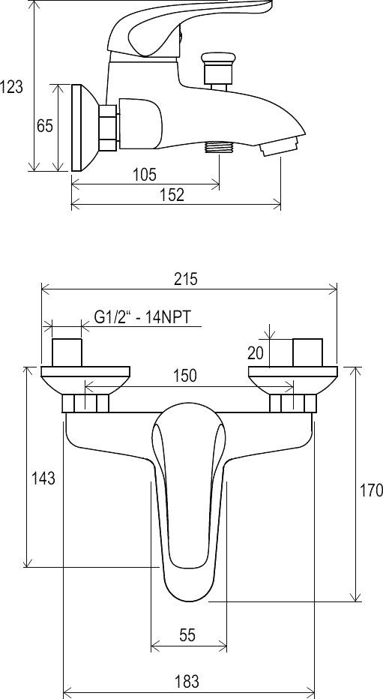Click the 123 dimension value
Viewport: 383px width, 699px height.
click(x=11, y=87)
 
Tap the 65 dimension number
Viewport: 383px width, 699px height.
click(x=44, y=126)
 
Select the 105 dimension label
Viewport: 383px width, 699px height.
click(x=145, y=174)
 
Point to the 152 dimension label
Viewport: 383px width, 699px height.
click(x=172, y=195)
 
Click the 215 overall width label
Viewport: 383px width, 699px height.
click(x=185, y=280)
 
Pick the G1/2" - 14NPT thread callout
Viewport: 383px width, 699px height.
click(x=142, y=317)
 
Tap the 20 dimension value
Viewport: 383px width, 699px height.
click(x=256, y=353)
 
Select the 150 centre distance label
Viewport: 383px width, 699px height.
click(x=185, y=375)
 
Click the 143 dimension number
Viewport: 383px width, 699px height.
click(x=43, y=478)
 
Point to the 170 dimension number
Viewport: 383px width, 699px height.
click(x=372, y=490)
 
